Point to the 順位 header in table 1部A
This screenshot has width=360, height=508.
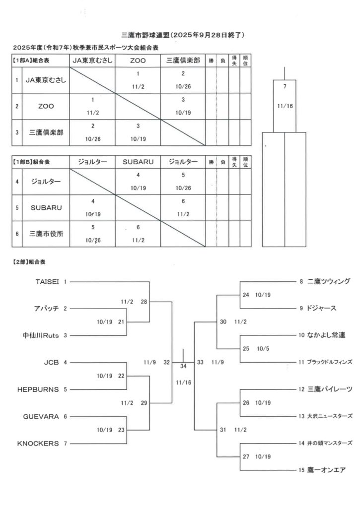pos(246,61)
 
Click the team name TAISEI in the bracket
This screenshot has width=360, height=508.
pos(48,281)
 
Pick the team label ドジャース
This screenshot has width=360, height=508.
pos(322,308)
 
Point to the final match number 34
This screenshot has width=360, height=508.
pos(183,366)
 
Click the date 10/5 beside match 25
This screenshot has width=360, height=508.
pos(263,349)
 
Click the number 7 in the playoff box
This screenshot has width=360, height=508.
pos(285,87)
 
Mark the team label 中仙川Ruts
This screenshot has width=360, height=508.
pos(41,335)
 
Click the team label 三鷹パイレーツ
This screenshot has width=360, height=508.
pos(330,389)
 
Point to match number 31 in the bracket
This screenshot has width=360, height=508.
pos(223,430)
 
